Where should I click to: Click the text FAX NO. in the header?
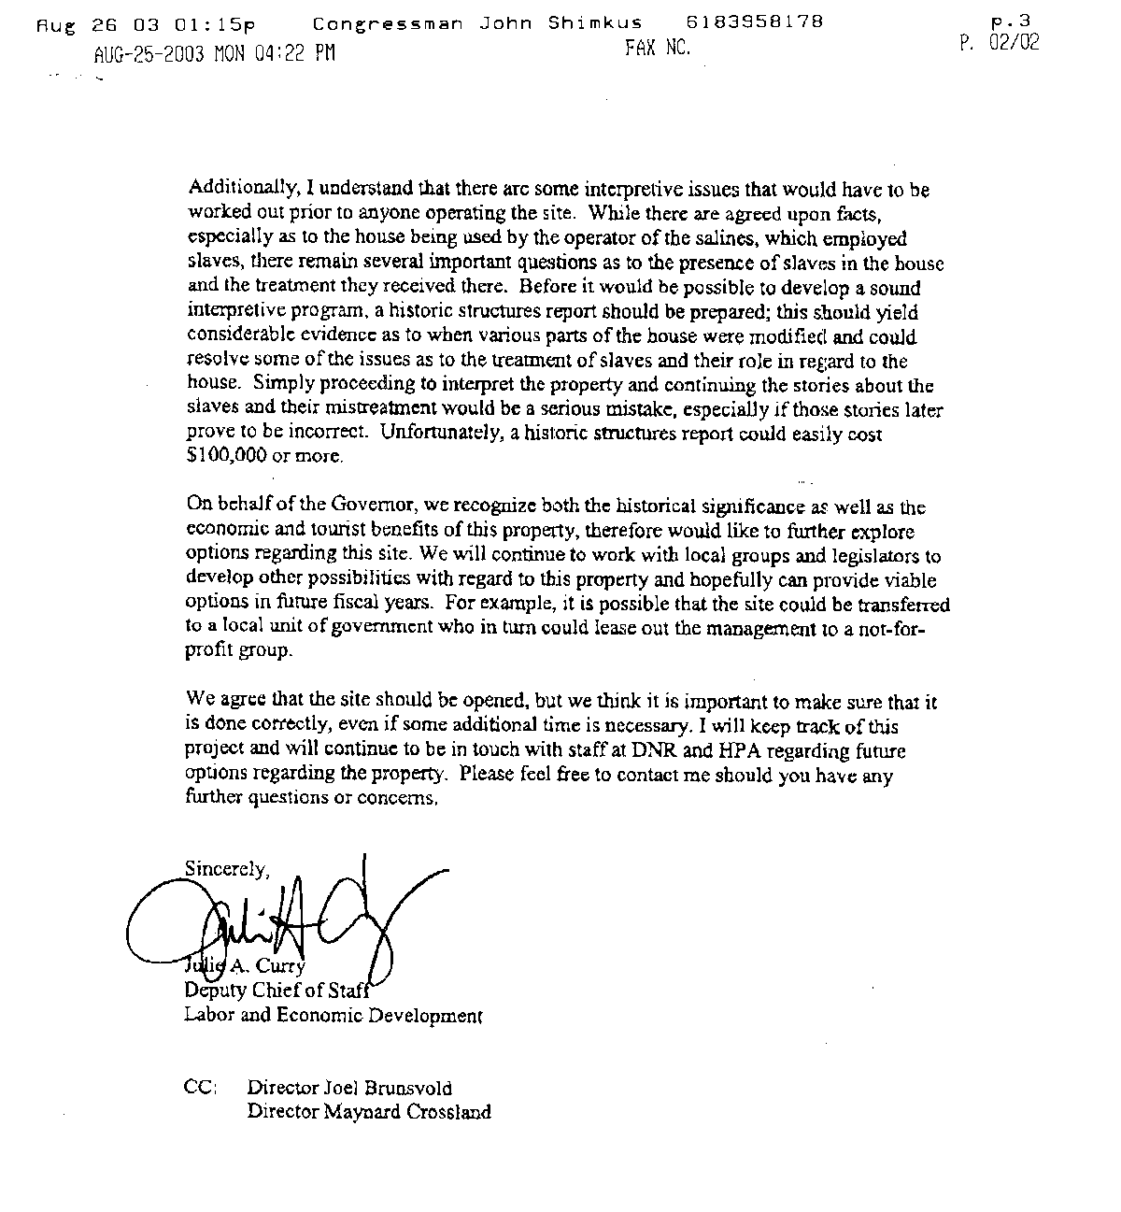pyautogui.click(x=658, y=50)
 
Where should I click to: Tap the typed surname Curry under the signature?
pyautogui.click(x=280, y=968)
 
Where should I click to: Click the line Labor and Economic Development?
pyautogui.click(x=333, y=1016)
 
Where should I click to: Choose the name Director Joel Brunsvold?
pyautogui.click(x=349, y=1088)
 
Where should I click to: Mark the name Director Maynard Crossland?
pyautogui.click(x=369, y=1112)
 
